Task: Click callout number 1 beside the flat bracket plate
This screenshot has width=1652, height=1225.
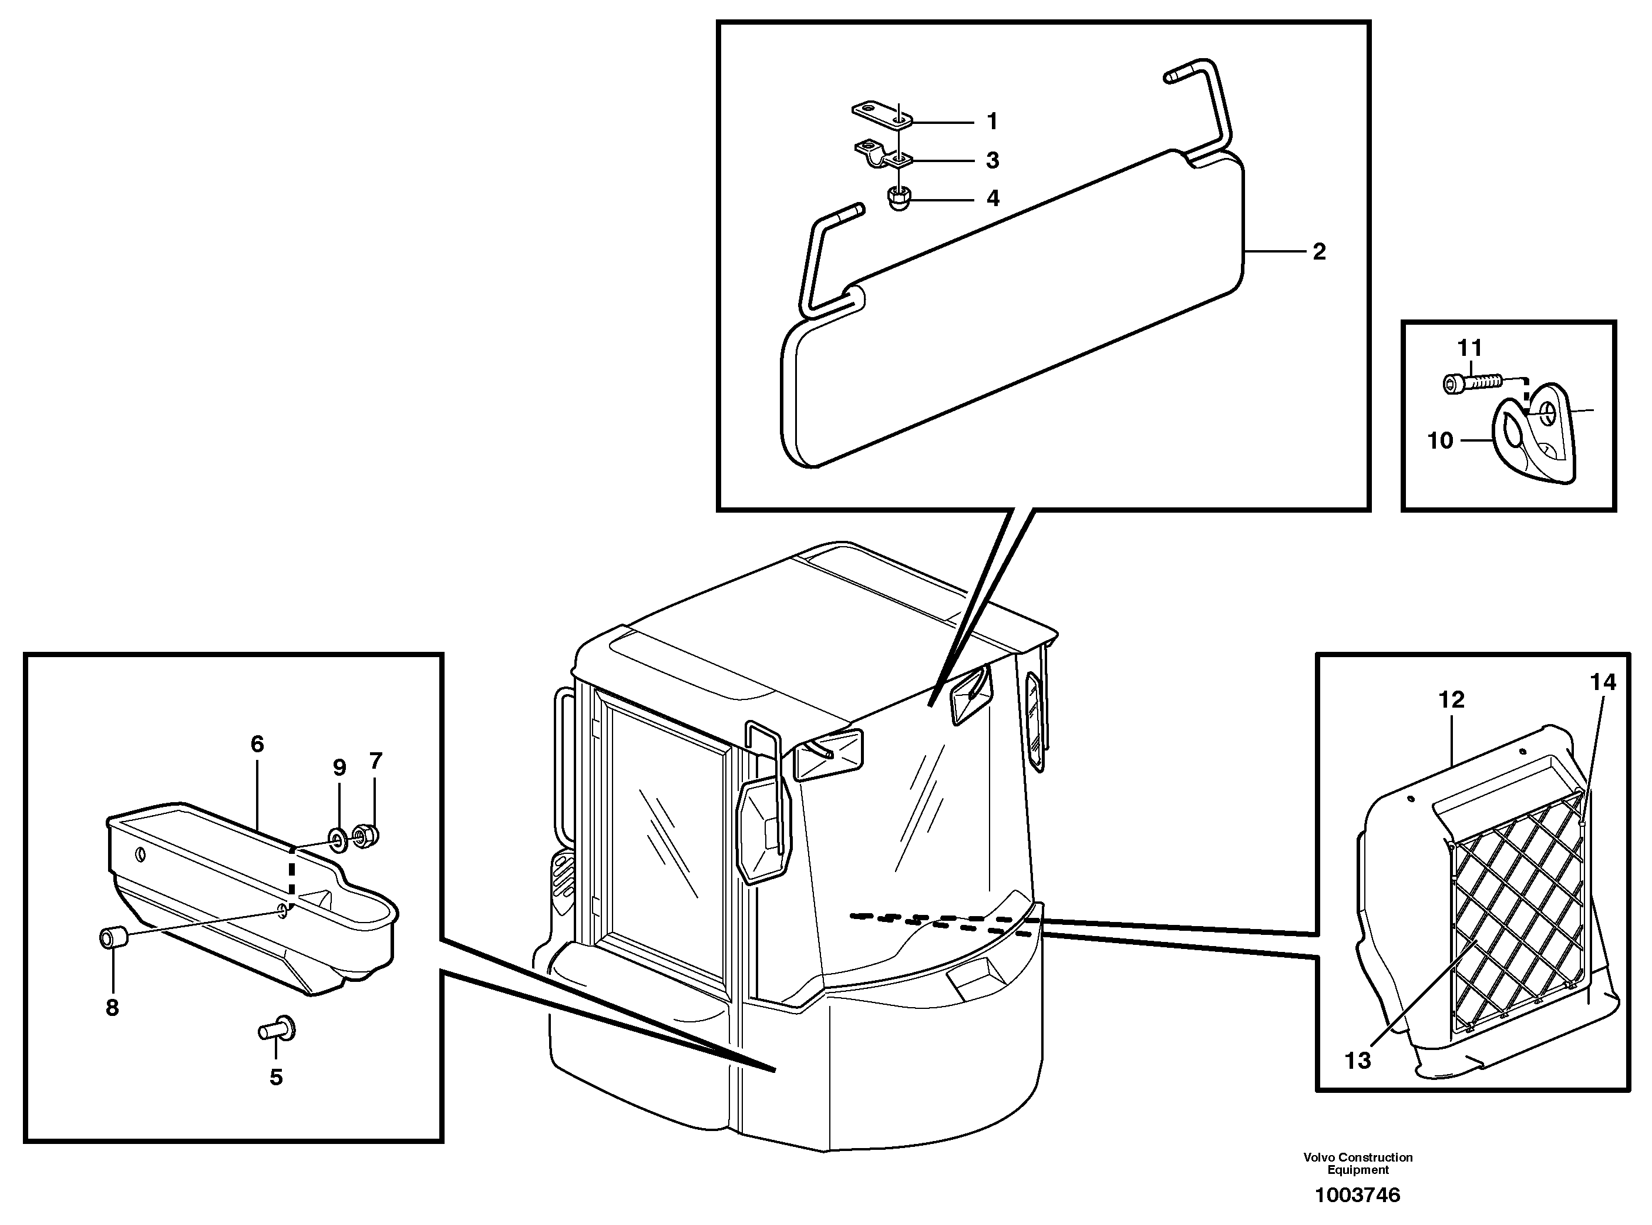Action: tap(992, 122)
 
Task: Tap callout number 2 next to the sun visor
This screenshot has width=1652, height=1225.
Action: tap(1319, 252)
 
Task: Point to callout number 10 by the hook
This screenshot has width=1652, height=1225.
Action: tap(1440, 440)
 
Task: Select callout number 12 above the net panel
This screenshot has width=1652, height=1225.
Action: tap(1451, 699)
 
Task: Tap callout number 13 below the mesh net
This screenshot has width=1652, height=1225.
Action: tap(1358, 1061)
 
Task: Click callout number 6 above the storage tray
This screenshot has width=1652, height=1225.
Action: tap(257, 743)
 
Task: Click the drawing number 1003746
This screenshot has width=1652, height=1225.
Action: tap(1358, 1194)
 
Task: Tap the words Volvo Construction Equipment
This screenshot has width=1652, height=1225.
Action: tap(1358, 1163)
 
